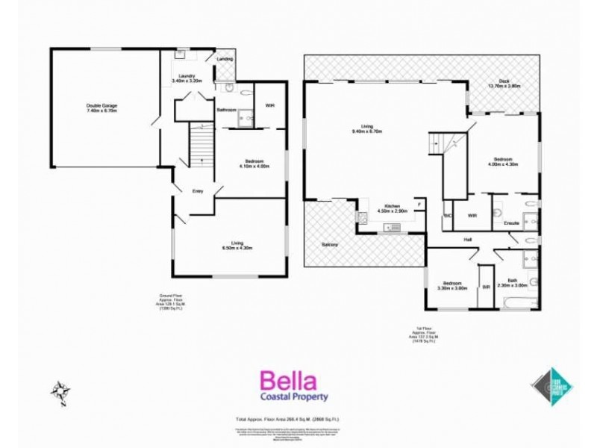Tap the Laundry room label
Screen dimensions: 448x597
[187, 78]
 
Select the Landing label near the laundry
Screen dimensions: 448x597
[224, 59]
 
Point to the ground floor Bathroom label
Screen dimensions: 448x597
[226, 110]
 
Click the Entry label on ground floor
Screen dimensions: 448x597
[198, 191]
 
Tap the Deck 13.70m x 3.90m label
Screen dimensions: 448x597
[504, 84]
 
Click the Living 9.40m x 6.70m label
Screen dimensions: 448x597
[366, 128]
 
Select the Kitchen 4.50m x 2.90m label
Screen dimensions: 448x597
[392, 208]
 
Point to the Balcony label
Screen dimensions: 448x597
[330, 245]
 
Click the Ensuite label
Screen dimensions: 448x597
[511, 223]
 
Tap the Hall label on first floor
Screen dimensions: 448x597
[467, 239]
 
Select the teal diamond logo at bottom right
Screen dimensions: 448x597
[551, 386]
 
